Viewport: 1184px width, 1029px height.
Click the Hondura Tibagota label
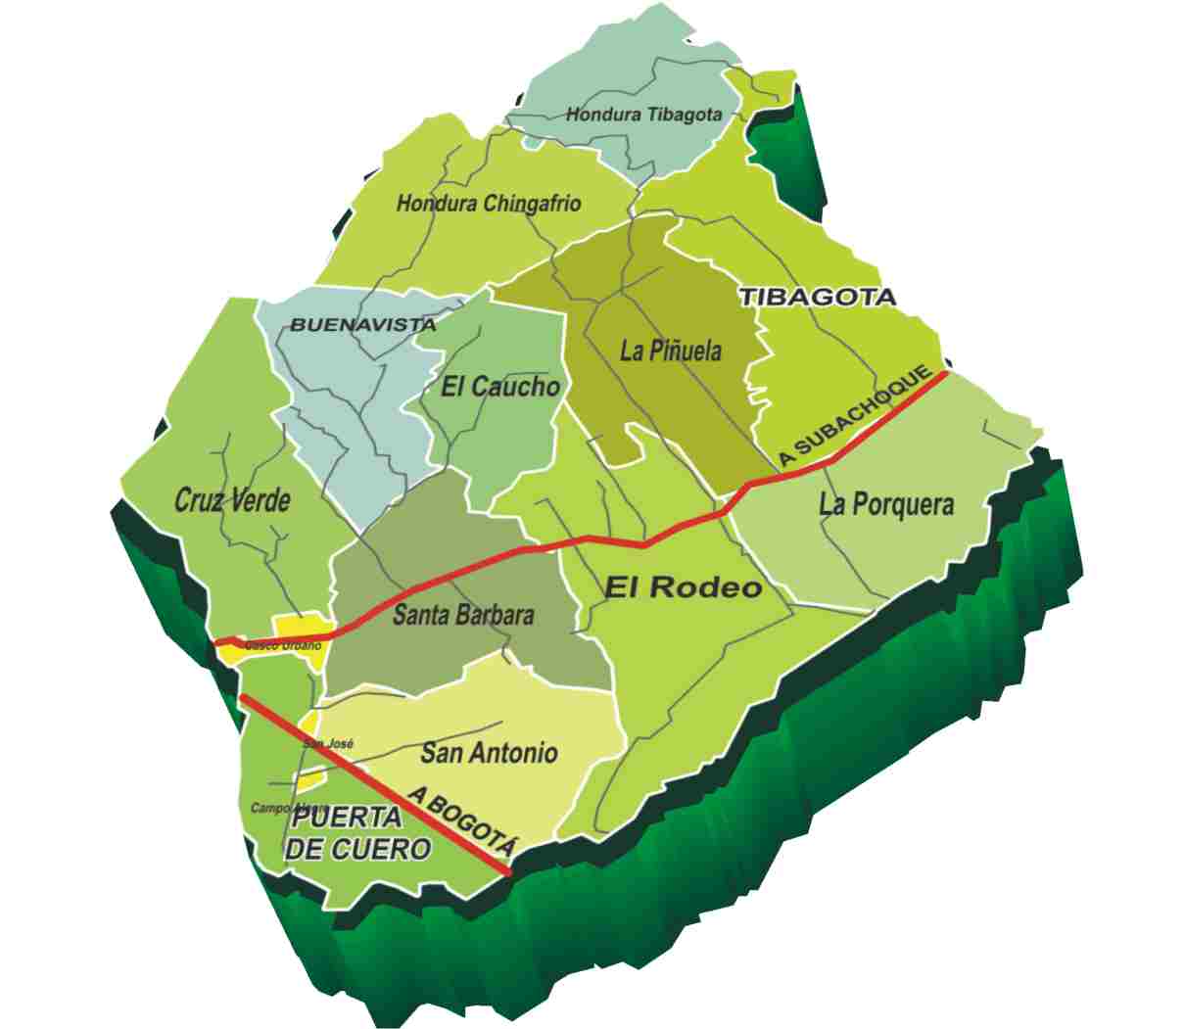[x=643, y=115]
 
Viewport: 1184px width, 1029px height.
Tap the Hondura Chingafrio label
[x=488, y=204]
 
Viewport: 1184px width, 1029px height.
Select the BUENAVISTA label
[x=362, y=325]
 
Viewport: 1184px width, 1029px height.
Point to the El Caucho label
[x=499, y=387]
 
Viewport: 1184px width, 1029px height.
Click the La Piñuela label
[x=671, y=351]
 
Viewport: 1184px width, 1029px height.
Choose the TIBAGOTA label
[x=817, y=296]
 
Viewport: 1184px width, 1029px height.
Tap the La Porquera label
[x=885, y=504]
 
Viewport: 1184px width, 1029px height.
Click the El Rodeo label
[x=683, y=587]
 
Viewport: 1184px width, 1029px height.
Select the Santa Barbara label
[x=463, y=615]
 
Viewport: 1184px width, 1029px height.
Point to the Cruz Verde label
[x=232, y=501]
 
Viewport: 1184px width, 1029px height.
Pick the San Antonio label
[x=489, y=752]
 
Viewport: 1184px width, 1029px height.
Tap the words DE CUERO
[x=357, y=849]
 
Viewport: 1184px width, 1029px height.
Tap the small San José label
[x=327, y=744]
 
